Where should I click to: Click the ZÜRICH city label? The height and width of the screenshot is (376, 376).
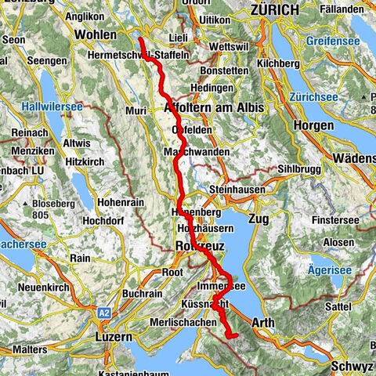[x=273, y=9]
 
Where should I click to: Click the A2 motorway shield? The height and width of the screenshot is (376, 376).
[x=105, y=313]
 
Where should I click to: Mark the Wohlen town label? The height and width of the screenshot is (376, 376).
[x=96, y=34]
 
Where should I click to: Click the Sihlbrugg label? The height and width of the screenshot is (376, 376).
[x=299, y=169]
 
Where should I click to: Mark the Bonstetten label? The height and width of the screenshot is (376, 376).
[x=227, y=70]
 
